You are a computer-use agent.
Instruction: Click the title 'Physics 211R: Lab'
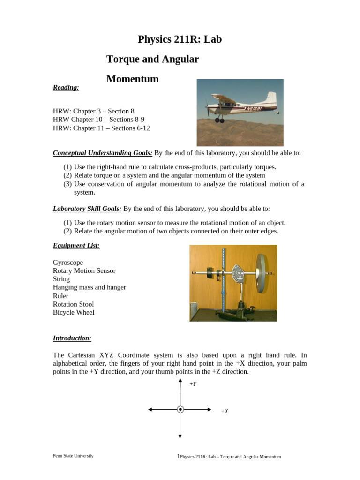[x=180, y=40]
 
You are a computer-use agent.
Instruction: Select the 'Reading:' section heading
[x=66, y=87]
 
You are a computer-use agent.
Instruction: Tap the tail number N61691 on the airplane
[x=252, y=109]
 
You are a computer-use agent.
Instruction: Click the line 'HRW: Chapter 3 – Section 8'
[x=94, y=111]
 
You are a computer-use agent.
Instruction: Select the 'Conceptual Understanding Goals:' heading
[x=103, y=153]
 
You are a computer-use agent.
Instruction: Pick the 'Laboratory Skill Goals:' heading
[x=87, y=209]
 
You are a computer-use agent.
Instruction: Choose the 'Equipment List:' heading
[x=76, y=245]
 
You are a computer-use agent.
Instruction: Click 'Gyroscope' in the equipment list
[x=68, y=262]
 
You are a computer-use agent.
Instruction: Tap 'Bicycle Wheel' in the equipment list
[x=74, y=312]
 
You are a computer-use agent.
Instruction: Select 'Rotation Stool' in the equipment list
[x=74, y=304]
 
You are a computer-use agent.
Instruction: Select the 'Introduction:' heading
[x=72, y=338]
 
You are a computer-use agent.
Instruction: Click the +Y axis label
[x=193, y=384]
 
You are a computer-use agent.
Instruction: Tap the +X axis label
[x=225, y=411]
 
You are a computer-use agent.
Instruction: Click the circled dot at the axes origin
[x=180, y=409]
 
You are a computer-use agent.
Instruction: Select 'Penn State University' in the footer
[x=73, y=456]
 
